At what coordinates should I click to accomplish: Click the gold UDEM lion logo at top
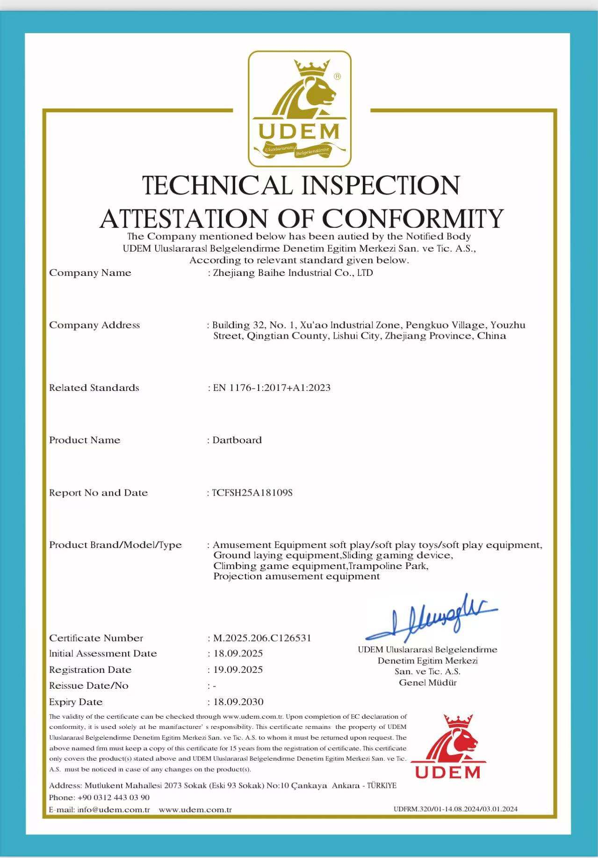point(299,108)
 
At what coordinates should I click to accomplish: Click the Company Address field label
point(94,325)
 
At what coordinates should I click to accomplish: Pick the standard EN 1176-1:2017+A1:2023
point(272,388)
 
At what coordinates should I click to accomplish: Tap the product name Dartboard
point(237,440)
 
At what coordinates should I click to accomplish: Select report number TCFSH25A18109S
point(252,492)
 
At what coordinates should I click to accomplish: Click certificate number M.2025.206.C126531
point(262,638)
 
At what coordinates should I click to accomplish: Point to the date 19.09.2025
point(238,670)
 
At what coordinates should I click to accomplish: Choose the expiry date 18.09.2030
point(238,701)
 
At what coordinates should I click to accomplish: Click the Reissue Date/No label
point(89,685)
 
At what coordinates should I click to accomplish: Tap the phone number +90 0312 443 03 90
point(114,797)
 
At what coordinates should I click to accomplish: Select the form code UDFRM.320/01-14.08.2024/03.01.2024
point(455,809)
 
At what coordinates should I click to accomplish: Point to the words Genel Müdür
point(427,683)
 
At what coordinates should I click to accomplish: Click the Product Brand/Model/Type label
point(115,545)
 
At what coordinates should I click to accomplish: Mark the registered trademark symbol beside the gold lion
point(338,76)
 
